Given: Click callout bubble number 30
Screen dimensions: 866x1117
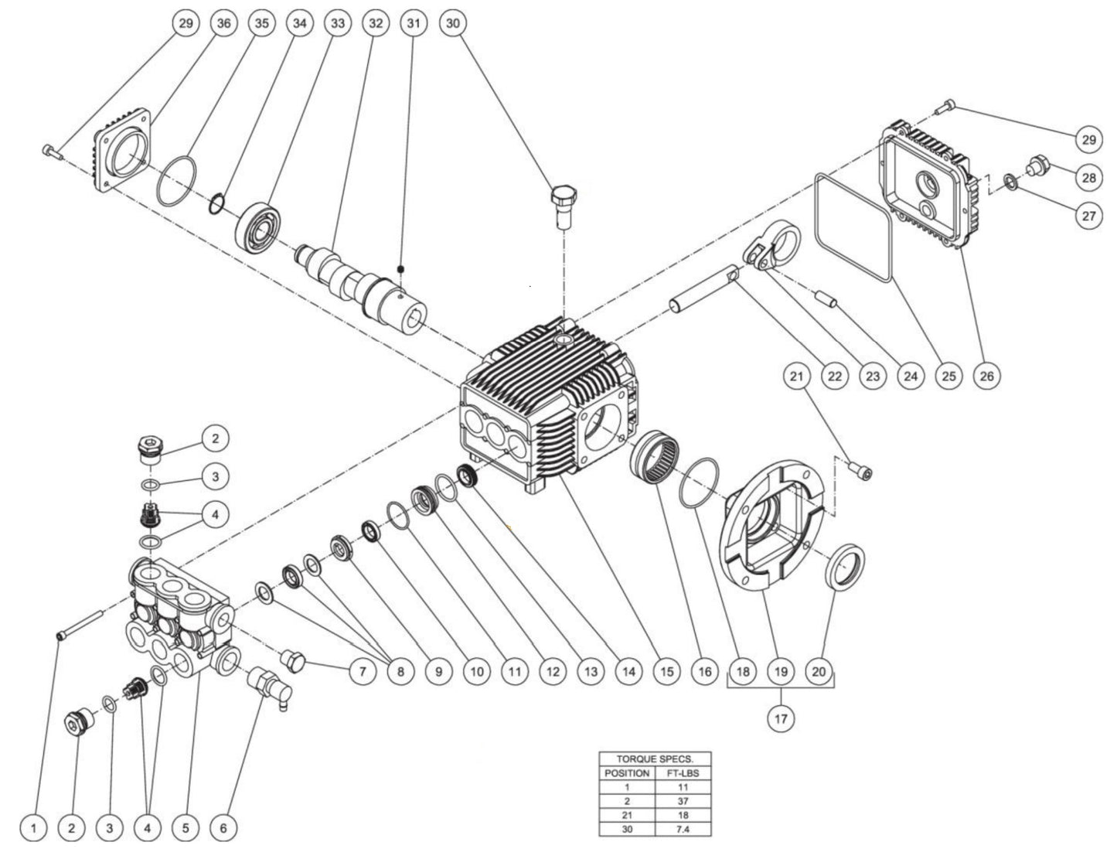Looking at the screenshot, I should click(453, 23).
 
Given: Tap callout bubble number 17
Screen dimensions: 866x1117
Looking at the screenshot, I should click(781, 719).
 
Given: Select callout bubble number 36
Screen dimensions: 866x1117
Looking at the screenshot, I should click(223, 23).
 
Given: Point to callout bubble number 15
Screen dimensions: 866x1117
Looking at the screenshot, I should click(666, 672).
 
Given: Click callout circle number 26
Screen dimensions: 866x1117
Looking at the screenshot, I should click(986, 377).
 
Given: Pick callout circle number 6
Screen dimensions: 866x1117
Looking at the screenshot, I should click(223, 829).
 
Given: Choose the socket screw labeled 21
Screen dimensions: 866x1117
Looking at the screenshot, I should click(862, 473).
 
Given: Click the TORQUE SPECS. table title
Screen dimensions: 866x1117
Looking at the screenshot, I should click(655, 759).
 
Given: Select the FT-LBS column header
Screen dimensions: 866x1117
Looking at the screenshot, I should click(683, 773).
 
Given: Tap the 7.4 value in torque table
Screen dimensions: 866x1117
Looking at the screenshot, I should click(683, 829).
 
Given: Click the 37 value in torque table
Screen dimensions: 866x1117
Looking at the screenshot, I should click(683, 801).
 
